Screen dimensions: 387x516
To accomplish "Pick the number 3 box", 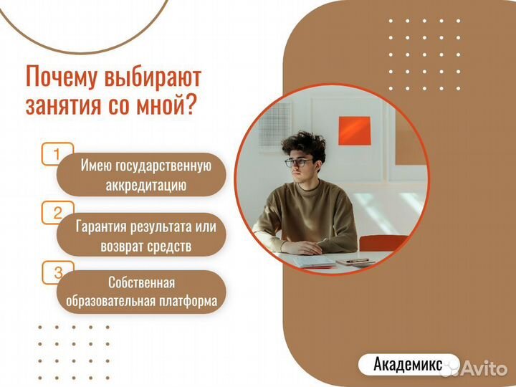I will pos(58,272).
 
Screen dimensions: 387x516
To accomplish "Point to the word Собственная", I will pos(141,282).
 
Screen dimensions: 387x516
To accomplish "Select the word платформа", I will pos(187,302).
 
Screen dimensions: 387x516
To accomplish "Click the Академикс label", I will pos(406,364).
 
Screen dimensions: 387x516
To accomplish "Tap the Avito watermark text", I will pos(484,368).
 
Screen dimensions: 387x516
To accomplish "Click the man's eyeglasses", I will pos(298,163).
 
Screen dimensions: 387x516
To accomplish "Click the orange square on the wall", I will pos(354,130).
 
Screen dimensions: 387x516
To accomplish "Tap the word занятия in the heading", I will pos(59,105).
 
